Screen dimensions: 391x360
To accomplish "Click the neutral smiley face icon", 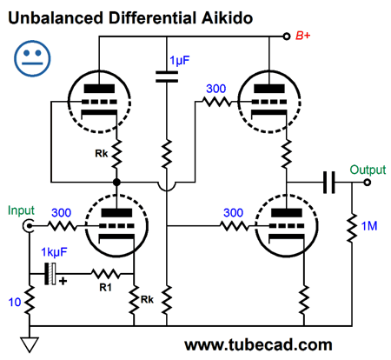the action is [32, 58].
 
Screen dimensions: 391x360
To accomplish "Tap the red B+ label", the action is [302, 36].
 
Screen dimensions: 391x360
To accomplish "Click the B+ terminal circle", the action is [287, 37].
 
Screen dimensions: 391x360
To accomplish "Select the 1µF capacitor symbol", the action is [167, 77].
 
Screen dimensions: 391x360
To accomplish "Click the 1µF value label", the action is [180, 61].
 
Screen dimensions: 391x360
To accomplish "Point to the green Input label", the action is [21, 210].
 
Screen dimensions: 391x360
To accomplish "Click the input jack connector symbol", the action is [29, 226].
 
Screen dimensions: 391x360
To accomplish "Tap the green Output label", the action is [368, 170].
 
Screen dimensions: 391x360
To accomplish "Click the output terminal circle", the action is [368, 183].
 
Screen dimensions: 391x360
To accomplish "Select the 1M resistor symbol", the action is [352, 228].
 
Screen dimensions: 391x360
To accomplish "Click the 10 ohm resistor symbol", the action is [30, 300].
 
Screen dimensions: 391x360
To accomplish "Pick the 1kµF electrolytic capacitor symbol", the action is [50, 274].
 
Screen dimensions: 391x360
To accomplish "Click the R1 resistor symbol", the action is [105, 274].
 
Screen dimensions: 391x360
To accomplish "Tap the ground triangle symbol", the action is [30, 344].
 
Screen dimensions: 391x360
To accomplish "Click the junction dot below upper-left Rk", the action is [116, 183].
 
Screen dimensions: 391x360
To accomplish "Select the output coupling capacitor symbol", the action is [329, 183].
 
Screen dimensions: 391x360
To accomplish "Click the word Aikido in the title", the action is [227, 17].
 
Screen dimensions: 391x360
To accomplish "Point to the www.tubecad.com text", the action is [258, 345].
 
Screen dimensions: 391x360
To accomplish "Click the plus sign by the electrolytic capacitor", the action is [63, 281].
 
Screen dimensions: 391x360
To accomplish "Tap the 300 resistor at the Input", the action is [62, 226].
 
